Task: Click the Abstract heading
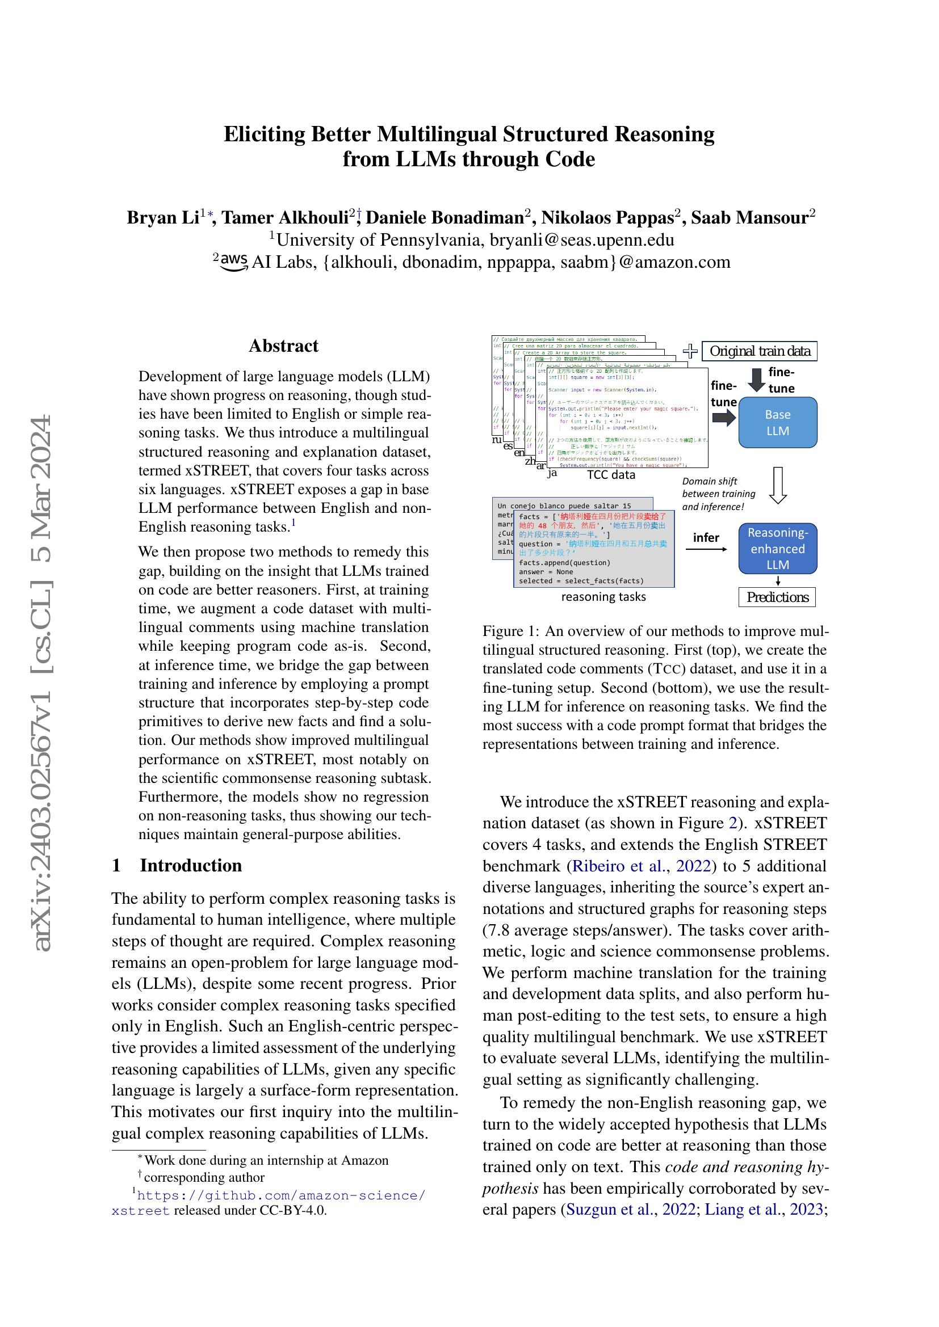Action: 283,346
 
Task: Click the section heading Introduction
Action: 190,865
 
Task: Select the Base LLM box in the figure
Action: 777,423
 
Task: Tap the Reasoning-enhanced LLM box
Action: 777,549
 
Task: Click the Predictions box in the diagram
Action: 777,597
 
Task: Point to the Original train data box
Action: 759,351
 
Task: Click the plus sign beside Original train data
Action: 690,351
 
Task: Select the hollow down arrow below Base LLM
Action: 778,485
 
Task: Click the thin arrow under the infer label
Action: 706,549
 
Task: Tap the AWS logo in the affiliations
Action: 232,262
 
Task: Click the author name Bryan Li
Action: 163,218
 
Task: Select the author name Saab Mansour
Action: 749,218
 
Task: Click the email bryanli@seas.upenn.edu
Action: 582,240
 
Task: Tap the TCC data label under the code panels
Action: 611,474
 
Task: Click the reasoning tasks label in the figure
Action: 603,597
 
